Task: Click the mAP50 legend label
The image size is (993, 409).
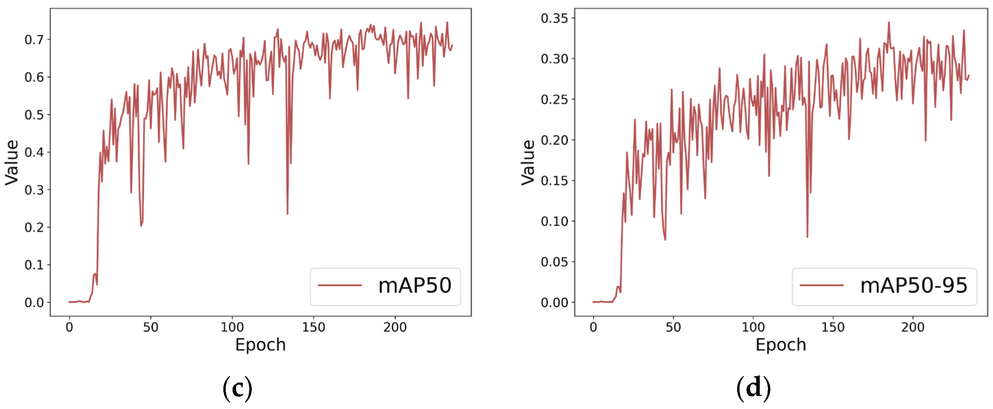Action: (x=414, y=286)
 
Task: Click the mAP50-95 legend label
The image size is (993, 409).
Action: (x=914, y=286)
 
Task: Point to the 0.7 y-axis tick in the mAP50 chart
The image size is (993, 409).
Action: (x=34, y=40)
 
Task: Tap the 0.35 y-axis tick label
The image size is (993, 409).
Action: (x=554, y=18)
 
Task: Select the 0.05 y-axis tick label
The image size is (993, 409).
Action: (x=554, y=262)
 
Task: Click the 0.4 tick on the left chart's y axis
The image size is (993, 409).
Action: (x=34, y=153)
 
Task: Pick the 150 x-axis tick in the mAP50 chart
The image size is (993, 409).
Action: (x=313, y=327)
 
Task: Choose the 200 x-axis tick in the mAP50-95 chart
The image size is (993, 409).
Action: (x=913, y=327)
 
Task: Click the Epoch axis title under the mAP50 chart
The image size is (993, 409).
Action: (x=261, y=345)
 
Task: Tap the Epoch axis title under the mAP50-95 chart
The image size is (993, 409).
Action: (x=781, y=345)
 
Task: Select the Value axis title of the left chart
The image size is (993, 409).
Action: (x=12, y=162)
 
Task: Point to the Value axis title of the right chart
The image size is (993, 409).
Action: (x=528, y=162)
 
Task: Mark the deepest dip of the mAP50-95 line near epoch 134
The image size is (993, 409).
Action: (x=807, y=237)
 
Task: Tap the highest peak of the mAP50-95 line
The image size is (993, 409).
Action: (x=889, y=22)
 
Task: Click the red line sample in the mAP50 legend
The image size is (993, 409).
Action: (x=339, y=286)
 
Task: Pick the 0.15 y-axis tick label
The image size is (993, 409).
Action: (x=554, y=181)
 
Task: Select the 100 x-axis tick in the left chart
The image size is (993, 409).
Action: (x=232, y=327)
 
